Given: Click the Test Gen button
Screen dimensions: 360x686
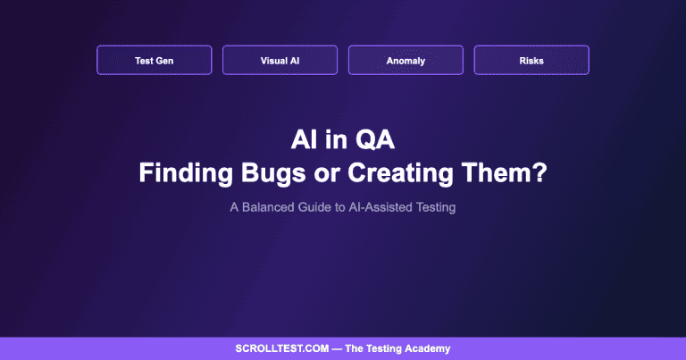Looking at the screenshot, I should pyautogui.click(x=154, y=61).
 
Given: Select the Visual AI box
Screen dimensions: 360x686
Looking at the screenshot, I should pyautogui.click(x=280, y=61).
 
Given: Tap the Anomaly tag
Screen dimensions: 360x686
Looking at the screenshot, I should pyautogui.click(x=406, y=61).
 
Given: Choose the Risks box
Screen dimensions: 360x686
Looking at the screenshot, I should pyautogui.click(x=531, y=61).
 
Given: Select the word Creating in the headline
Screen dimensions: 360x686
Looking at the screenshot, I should pyautogui.click(x=392, y=172).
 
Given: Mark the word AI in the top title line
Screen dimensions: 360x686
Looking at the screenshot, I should pyautogui.click(x=307, y=139).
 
